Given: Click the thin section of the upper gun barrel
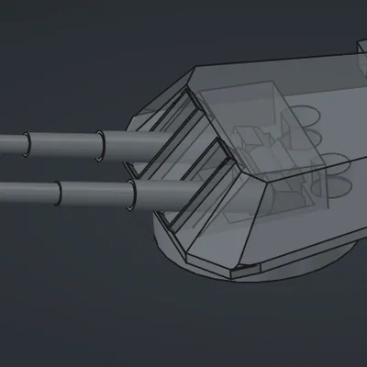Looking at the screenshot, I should click(55, 144).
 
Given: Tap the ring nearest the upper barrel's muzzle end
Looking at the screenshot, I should click(27, 144).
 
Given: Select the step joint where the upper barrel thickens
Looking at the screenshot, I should click(101, 143).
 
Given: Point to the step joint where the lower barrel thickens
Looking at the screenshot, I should click(134, 192).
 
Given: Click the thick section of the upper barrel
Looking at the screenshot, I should click(133, 142).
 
